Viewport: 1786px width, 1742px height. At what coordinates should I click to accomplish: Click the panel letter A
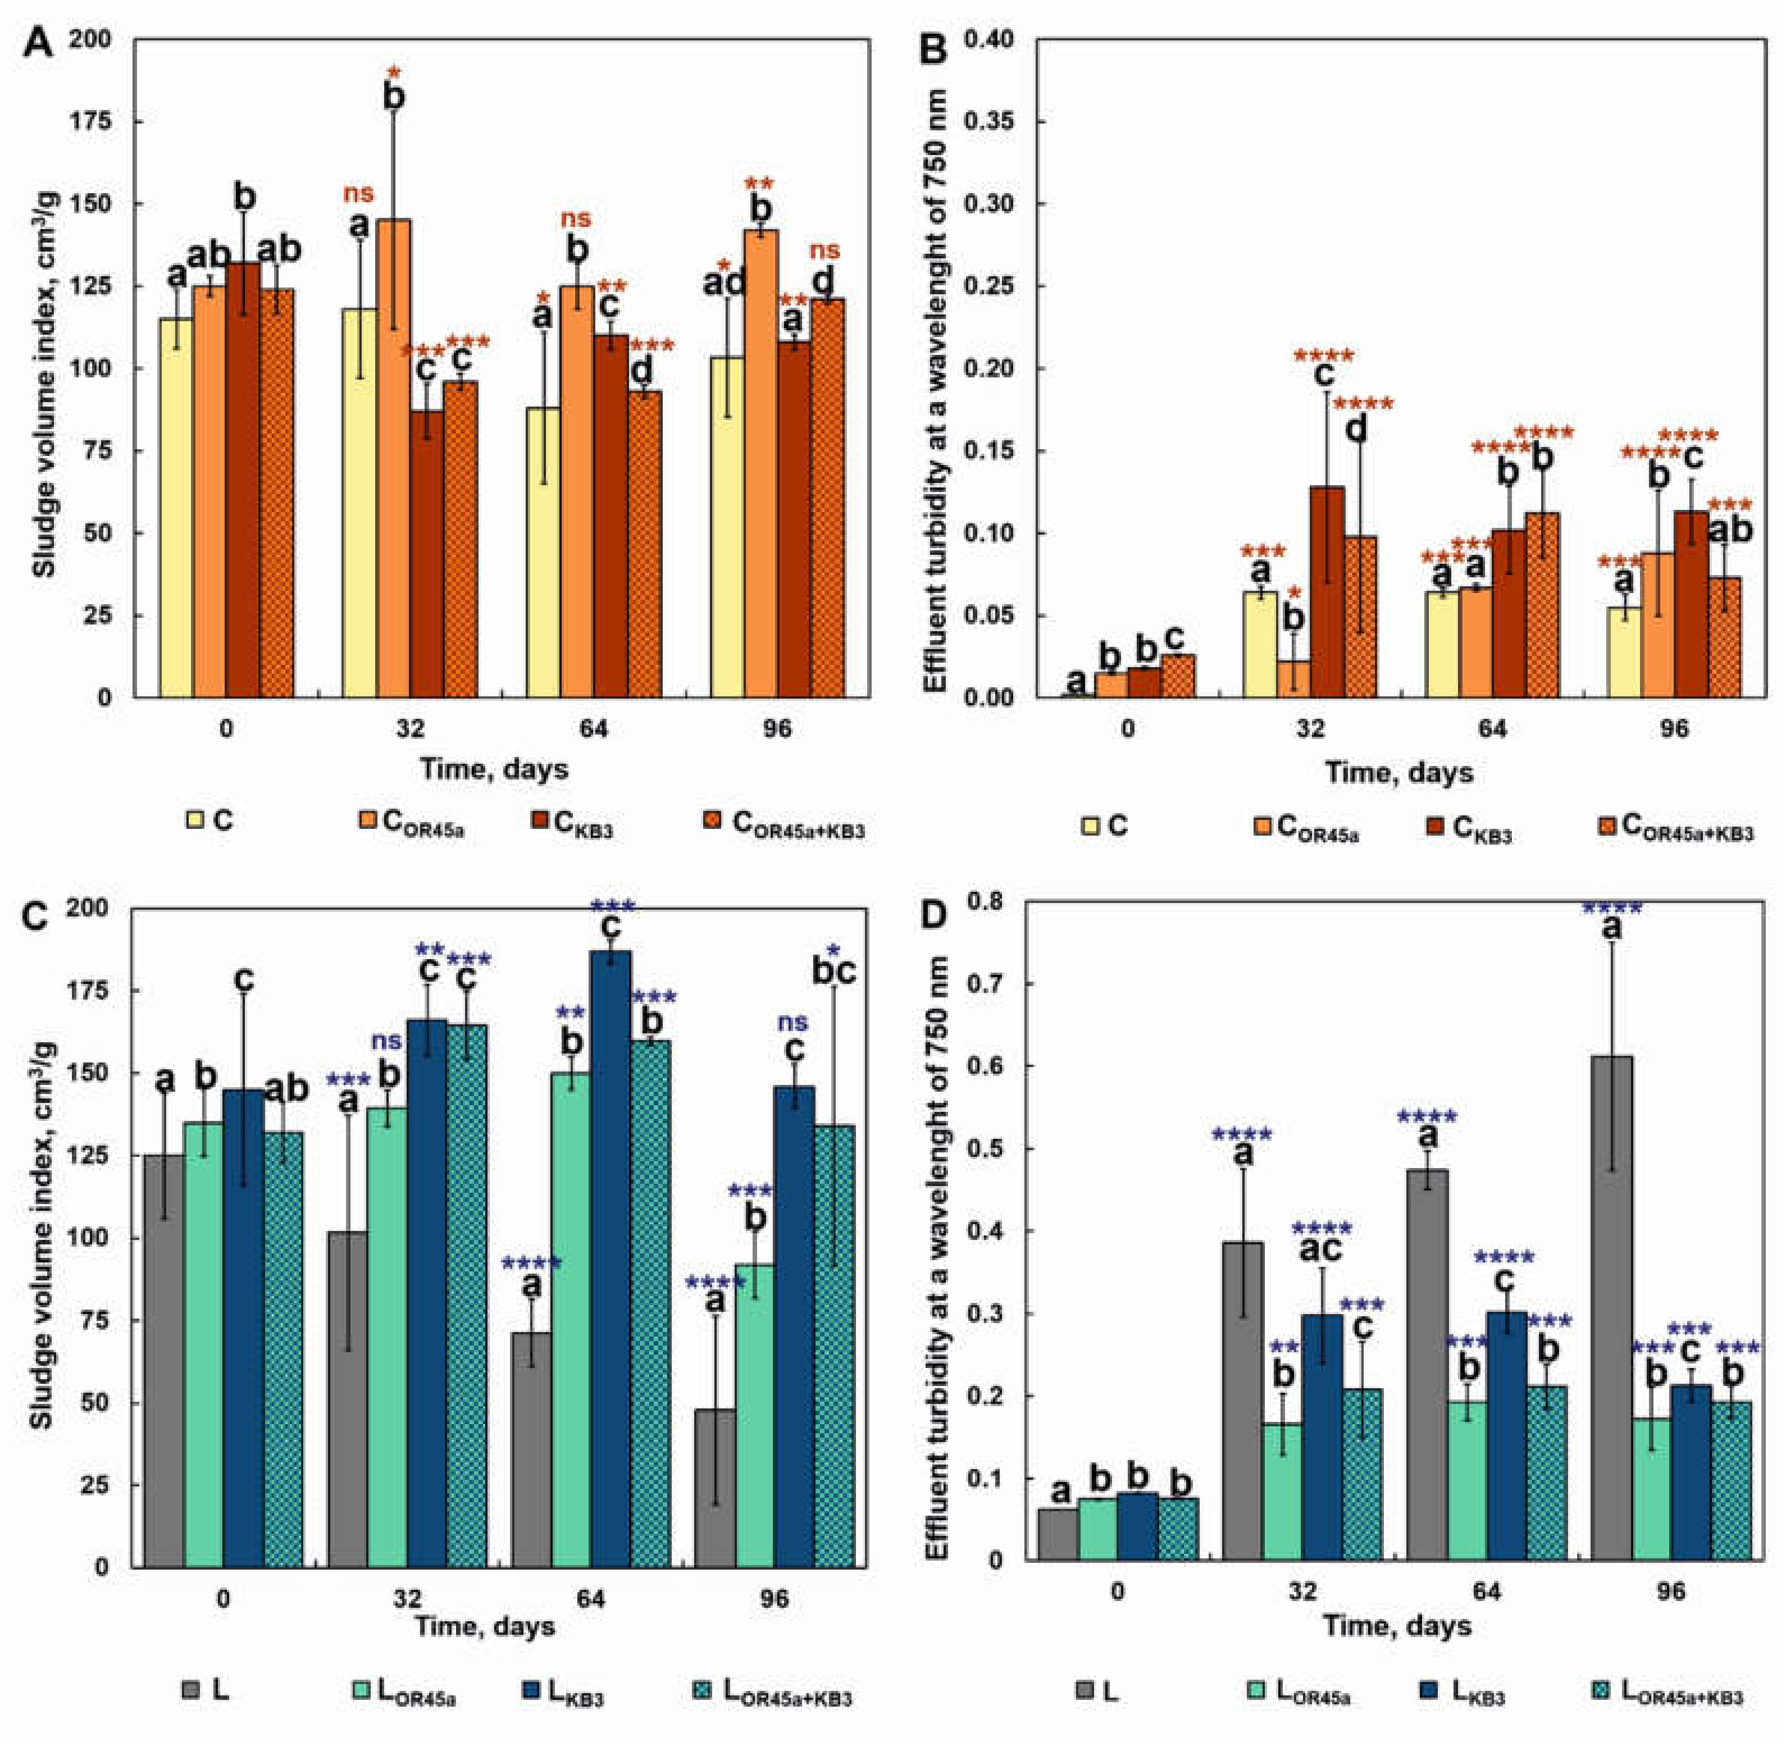37,43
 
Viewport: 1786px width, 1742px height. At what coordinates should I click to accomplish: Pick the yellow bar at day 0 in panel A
176,508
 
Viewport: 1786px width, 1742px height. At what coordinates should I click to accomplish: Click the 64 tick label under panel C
590,1599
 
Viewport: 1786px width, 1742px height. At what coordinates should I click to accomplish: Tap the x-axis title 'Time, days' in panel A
494,769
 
